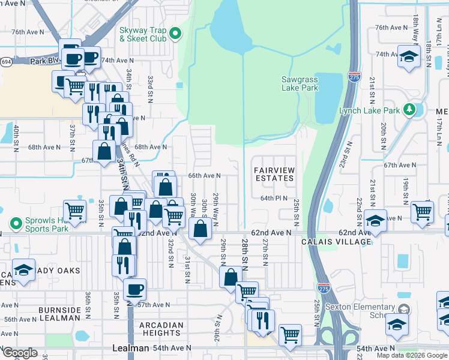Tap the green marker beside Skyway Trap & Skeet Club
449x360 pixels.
pyautogui.click(x=175, y=34)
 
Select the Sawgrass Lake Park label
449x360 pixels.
pyautogui.click(x=300, y=83)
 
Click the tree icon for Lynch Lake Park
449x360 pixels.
pyautogui.click(x=409, y=110)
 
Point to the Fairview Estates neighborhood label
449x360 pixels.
pyautogui.click(x=274, y=175)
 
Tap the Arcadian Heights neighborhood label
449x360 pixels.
pyautogui.click(x=160, y=329)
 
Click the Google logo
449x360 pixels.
pyautogui.click(x=20, y=353)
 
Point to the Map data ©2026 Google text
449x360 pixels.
pyautogui.click(x=411, y=355)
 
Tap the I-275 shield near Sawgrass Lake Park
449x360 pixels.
pyautogui.click(x=354, y=78)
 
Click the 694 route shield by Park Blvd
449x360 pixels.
pyautogui.click(x=5, y=61)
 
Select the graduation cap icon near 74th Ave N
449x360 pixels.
pyautogui.click(x=409, y=56)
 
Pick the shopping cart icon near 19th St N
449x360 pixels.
pyautogui.click(x=423, y=211)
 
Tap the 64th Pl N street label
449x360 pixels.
pyautogui.click(x=274, y=198)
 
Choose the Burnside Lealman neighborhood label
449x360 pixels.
pyautogui.click(x=59, y=314)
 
